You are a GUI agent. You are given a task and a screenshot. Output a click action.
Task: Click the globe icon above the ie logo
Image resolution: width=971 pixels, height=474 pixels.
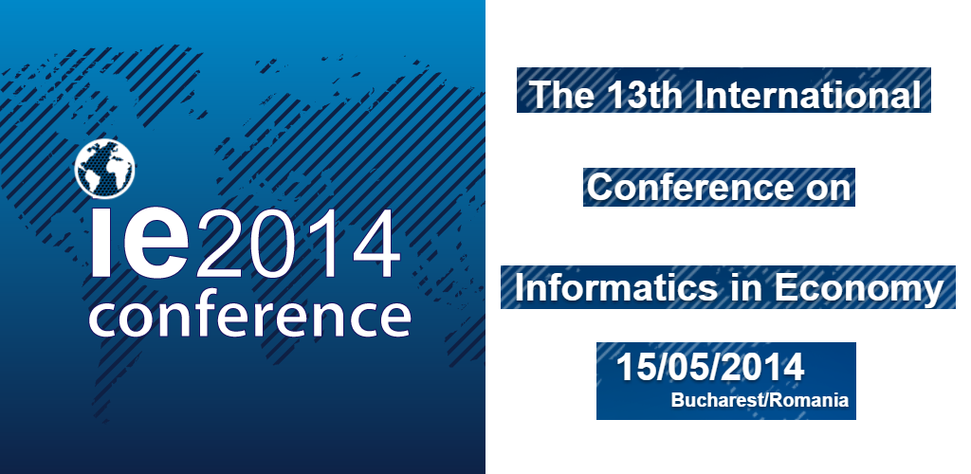pos(104,170)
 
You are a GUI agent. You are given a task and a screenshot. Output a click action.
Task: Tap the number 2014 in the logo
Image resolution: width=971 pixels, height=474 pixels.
pos(297,245)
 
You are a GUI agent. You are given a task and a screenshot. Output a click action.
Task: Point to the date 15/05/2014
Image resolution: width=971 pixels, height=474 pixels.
pos(709,368)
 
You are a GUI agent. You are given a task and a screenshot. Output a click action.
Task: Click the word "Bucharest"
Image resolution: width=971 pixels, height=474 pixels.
pos(719,400)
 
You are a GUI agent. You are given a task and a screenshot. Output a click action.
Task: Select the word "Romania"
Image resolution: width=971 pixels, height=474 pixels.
pos(809,400)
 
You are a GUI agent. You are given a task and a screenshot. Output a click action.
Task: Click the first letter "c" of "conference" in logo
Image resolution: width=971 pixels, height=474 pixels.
pos(106,319)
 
